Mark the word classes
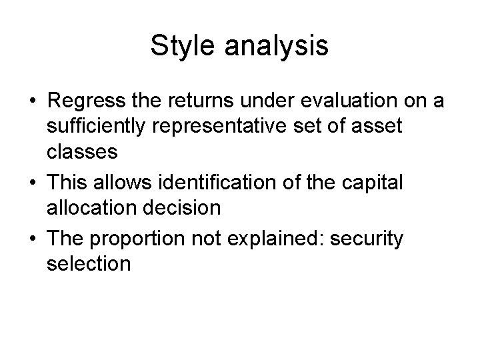82,152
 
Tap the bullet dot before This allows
32,183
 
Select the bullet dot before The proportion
32,239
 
